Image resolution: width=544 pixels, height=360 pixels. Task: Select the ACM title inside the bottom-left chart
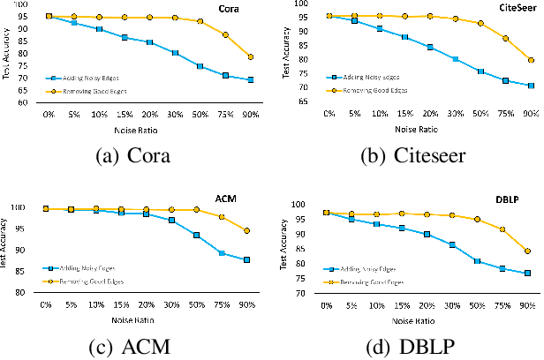[x=233, y=200]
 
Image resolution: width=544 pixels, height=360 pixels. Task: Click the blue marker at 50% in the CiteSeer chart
[x=480, y=71]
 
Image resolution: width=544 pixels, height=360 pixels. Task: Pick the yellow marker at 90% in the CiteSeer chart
[x=531, y=60]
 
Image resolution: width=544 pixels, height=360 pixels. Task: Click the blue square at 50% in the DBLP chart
[x=478, y=261]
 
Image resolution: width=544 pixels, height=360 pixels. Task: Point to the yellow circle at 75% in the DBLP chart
[x=502, y=229]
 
